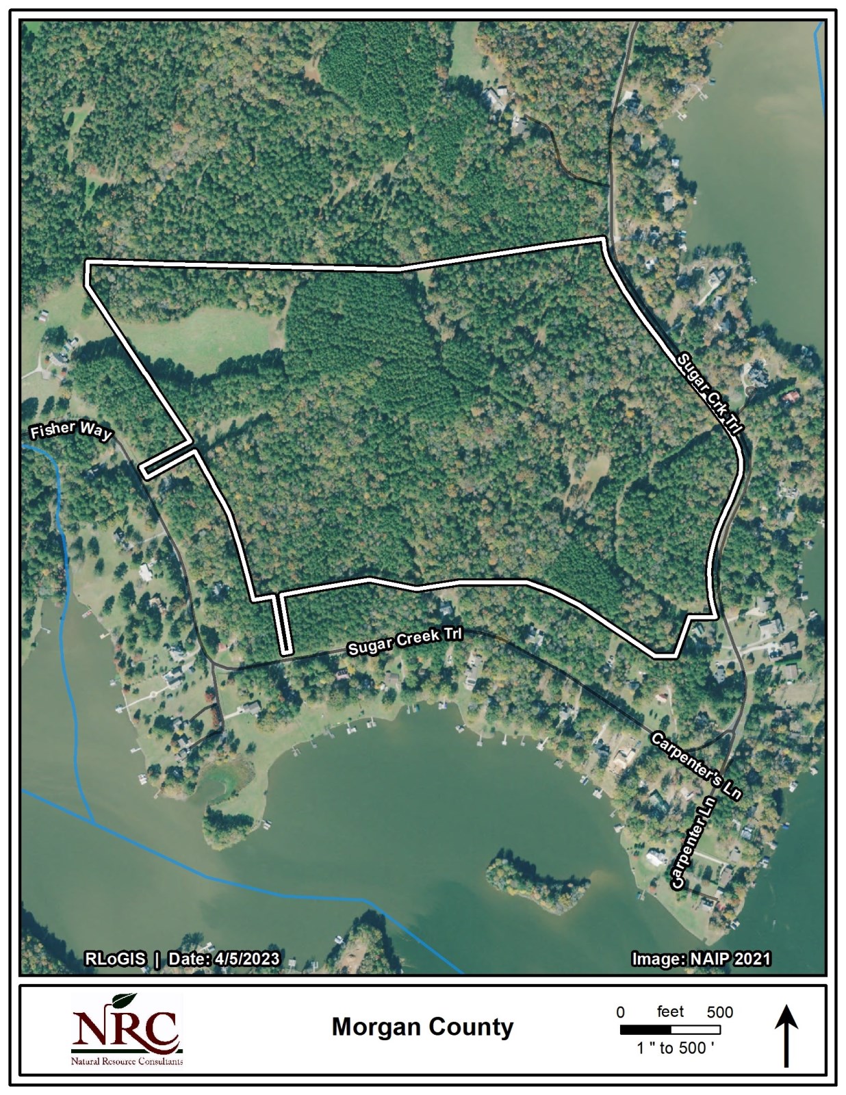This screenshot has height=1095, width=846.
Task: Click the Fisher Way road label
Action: [70, 431]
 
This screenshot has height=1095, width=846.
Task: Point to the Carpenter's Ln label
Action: [695, 766]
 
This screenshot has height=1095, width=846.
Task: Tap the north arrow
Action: [786, 1035]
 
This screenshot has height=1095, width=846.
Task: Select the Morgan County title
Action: [422, 1027]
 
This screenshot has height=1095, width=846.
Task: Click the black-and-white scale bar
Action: [670, 1029]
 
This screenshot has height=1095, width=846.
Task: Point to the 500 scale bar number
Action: [719, 1012]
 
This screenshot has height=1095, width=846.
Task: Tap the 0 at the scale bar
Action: [620, 1012]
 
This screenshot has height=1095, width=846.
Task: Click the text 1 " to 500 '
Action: [675, 1048]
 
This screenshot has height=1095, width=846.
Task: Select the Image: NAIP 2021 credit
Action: [700, 959]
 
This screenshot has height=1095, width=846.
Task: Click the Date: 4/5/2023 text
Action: [224, 959]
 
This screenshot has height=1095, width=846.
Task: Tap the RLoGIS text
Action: [115, 959]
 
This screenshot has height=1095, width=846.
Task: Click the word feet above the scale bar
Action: [670, 1012]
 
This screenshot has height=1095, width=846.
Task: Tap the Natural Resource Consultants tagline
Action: [127, 1061]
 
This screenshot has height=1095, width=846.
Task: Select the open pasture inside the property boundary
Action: [205, 336]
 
